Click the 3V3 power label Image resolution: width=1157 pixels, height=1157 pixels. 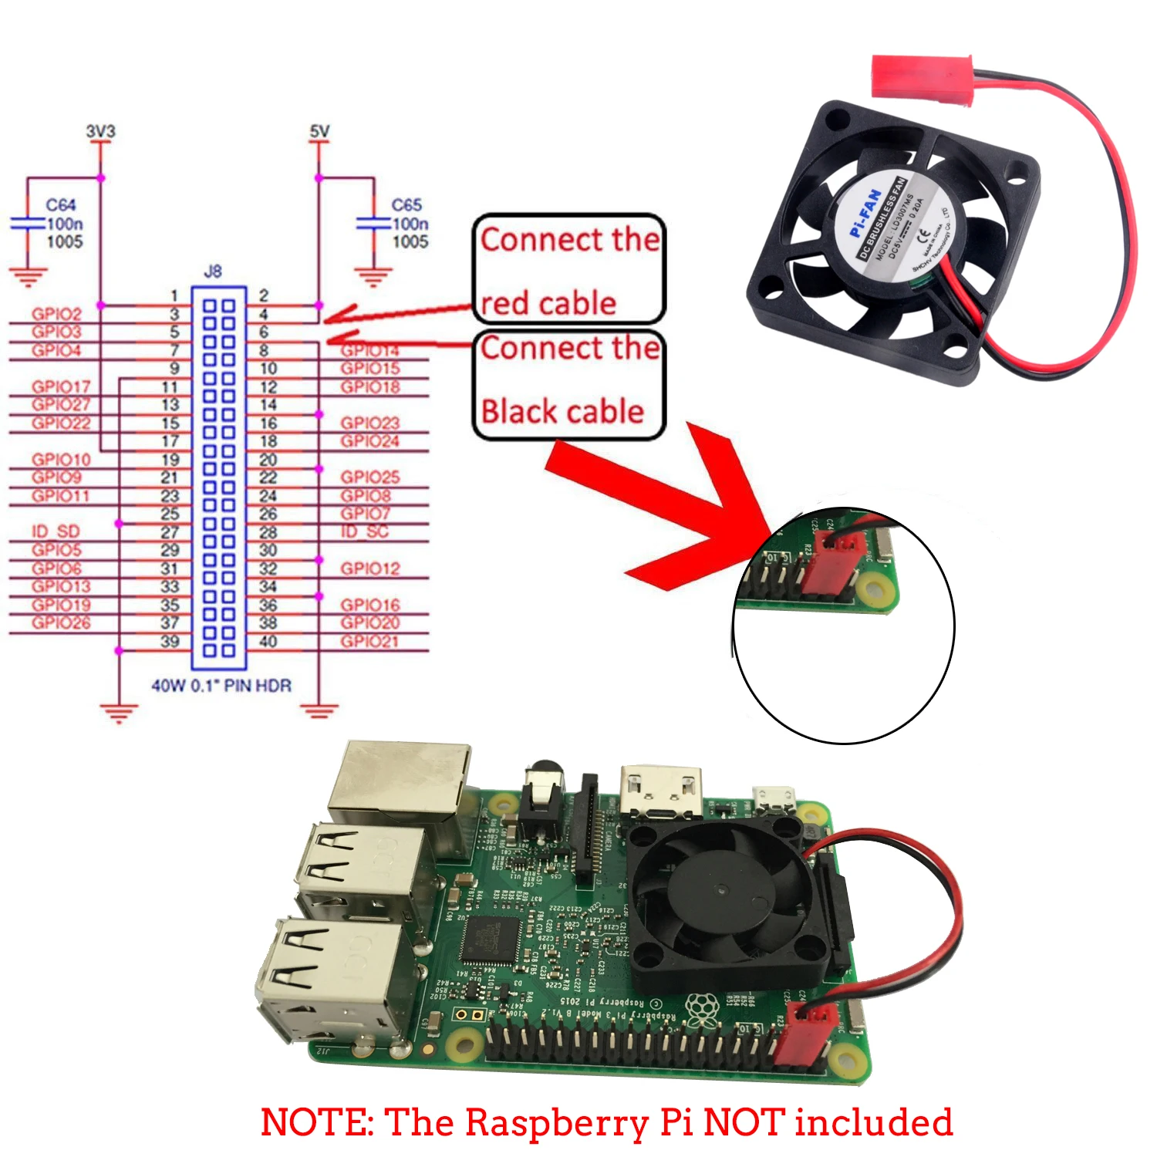tap(100, 132)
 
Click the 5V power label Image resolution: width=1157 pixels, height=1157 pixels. tap(319, 132)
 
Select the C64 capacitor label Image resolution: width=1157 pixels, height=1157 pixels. tap(61, 205)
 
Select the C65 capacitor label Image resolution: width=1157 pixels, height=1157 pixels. tap(406, 205)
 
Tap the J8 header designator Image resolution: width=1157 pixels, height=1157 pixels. tap(213, 272)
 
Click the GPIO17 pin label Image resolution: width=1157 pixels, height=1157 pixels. tap(61, 386)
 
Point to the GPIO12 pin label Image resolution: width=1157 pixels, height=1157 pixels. tap(370, 568)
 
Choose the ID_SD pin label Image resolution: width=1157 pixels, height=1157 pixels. tap(56, 531)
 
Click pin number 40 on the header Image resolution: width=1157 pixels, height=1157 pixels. tap(268, 642)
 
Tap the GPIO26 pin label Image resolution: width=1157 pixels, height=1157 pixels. tap(61, 622)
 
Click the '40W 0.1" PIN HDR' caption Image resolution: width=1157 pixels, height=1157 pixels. tap(221, 686)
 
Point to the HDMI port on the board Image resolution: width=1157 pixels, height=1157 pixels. tap(662, 791)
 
